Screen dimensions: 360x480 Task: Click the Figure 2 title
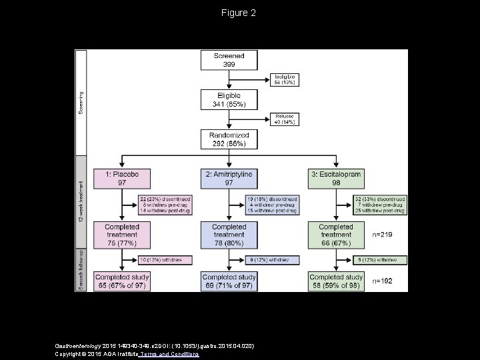point(240,13)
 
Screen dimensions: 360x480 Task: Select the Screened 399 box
point(229,60)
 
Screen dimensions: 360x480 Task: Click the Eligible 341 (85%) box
point(229,100)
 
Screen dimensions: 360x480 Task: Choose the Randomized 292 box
point(229,139)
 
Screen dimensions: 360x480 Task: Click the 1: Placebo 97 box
point(122,178)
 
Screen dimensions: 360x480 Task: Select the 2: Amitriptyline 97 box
point(229,178)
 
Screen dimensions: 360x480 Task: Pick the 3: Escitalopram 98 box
point(336,178)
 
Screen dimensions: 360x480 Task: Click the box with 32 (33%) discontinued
point(379,204)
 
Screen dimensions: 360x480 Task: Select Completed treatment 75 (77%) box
point(122,235)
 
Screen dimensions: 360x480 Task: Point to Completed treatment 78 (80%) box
point(229,235)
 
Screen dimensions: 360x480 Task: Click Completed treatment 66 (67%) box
point(336,235)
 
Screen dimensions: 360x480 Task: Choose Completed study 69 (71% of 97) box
point(229,281)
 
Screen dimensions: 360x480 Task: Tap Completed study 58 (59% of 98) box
point(336,281)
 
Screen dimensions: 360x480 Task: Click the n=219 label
point(383,235)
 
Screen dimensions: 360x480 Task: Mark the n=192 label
point(383,281)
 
